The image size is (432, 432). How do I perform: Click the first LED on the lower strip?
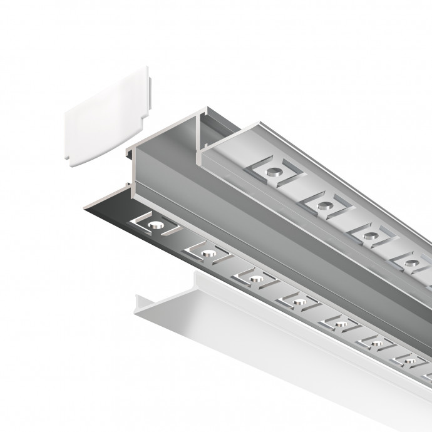(x=157, y=224)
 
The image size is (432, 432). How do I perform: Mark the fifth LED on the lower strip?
(x=338, y=324)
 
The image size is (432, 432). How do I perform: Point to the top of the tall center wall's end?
(x=198, y=123)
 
